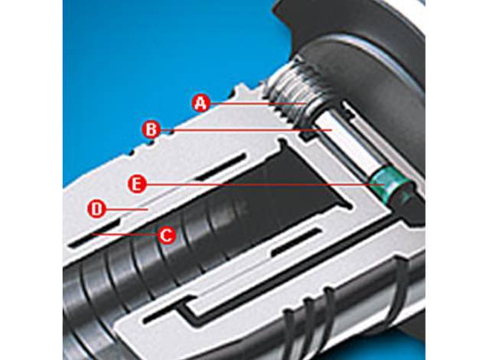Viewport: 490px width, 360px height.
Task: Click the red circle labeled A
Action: (201, 103)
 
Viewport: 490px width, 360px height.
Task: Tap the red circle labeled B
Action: (152, 129)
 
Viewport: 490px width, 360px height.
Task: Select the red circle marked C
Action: (165, 234)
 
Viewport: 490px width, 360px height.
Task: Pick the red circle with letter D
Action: (97, 209)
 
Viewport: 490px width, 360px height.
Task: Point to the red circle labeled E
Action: (137, 185)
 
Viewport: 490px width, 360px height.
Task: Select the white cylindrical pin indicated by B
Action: (347, 138)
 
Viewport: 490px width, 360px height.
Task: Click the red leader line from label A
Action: (257, 103)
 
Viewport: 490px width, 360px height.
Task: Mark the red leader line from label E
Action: (265, 185)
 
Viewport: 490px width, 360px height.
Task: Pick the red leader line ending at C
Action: (124, 234)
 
